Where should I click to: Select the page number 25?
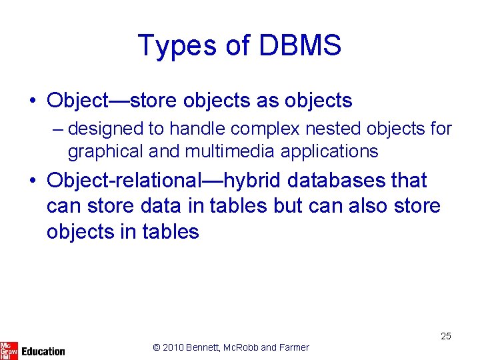click(445, 336)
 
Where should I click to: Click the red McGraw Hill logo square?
click(9, 350)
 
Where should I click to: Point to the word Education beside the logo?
click(43, 351)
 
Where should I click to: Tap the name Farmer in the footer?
click(294, 347)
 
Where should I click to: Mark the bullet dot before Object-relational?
click(33, 181)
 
